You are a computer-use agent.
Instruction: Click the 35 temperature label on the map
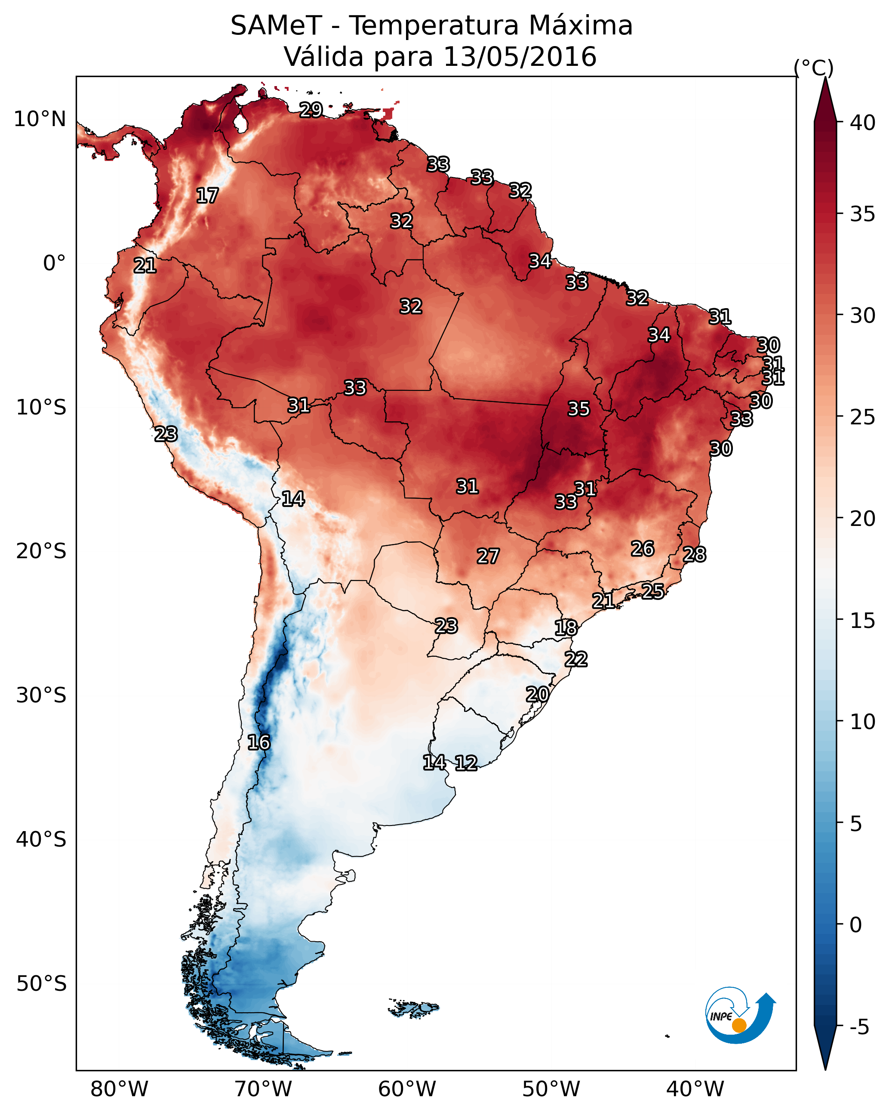coord(578,409)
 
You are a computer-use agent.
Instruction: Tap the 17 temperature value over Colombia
coord(207,196)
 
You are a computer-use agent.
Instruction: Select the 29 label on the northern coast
coord(311,109)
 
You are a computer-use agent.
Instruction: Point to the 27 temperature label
coord(488,556)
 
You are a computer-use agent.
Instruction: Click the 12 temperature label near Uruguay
coord(466,763)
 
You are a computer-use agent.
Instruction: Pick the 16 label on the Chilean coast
coord(258,742)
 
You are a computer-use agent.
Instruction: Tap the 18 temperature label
coord(566,628)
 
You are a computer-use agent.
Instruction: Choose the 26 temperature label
coord(643,549)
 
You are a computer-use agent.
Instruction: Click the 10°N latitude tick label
coord(40,119)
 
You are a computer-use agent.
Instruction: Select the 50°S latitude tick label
coord(41,984)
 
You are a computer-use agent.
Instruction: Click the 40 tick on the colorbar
coord(863,123)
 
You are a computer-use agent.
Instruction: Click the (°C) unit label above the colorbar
coord(814,68)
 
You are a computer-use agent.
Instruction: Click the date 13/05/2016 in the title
coord(520,57)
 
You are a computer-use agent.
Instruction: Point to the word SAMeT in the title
coord(277,26)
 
